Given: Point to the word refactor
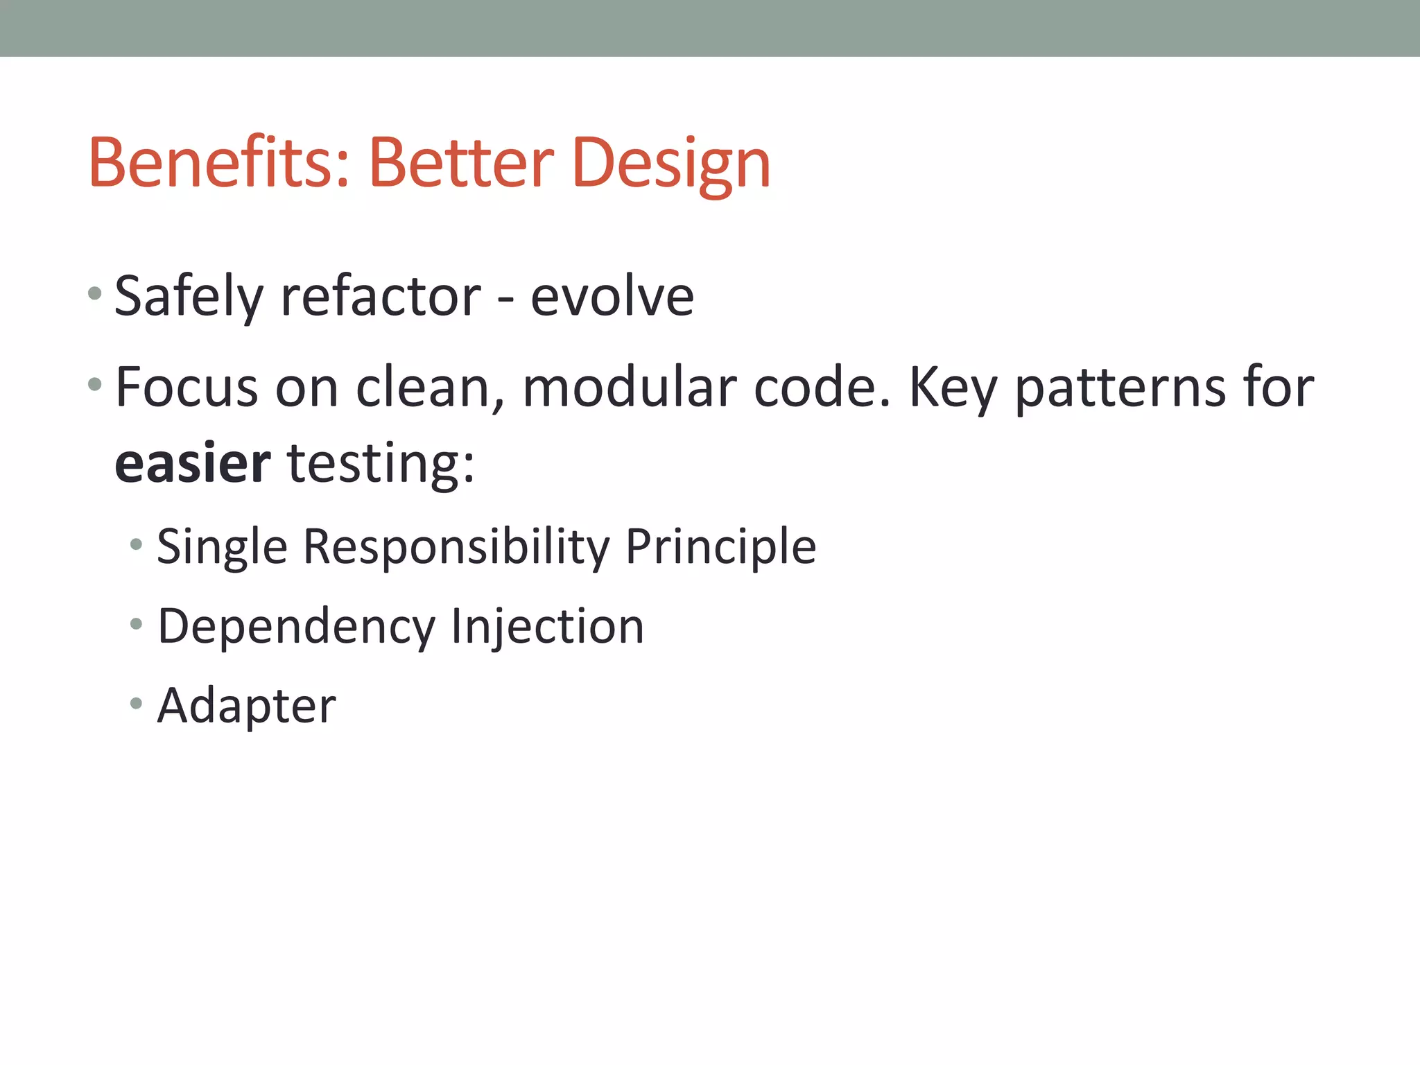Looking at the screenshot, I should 380,297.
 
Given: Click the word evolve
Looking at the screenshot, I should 612,297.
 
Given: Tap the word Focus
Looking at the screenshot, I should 187,387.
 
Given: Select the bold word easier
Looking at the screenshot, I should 193,463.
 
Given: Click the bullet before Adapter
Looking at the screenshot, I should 136,704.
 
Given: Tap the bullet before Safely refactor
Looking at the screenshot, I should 95,294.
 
